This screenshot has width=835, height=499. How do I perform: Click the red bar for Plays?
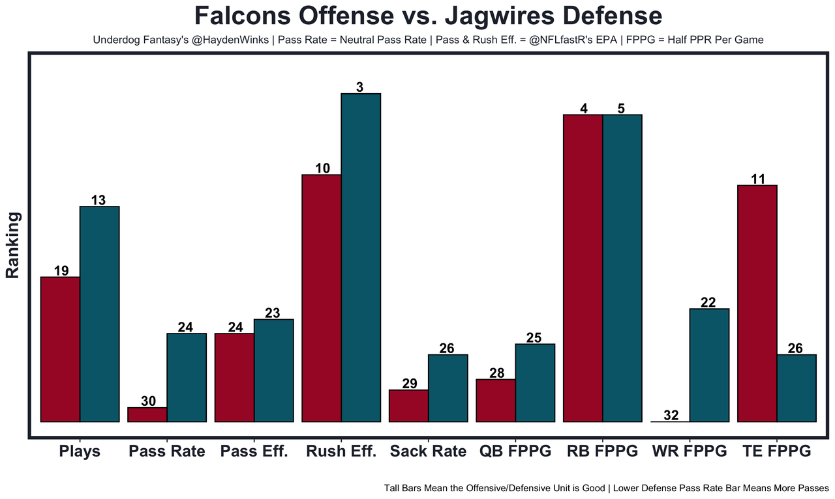60,349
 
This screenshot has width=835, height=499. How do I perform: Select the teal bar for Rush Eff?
361,257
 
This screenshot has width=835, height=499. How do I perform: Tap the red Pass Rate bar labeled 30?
147,415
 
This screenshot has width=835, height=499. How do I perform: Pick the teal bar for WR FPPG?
709,365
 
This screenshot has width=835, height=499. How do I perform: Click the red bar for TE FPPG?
757,304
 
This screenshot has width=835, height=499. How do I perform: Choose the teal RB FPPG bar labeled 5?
622,268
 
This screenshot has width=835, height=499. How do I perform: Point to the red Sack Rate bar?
408,406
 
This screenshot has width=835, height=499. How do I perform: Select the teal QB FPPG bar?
535,383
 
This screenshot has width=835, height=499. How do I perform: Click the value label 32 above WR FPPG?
671,415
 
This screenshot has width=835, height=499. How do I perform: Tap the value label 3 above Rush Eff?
359,87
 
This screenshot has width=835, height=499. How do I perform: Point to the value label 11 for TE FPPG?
757,178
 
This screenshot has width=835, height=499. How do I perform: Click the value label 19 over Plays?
61,270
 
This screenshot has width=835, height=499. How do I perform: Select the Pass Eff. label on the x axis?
254,451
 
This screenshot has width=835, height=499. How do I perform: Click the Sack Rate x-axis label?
428,451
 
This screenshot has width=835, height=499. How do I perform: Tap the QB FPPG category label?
515,451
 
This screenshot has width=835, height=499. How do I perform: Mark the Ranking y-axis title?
13,245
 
